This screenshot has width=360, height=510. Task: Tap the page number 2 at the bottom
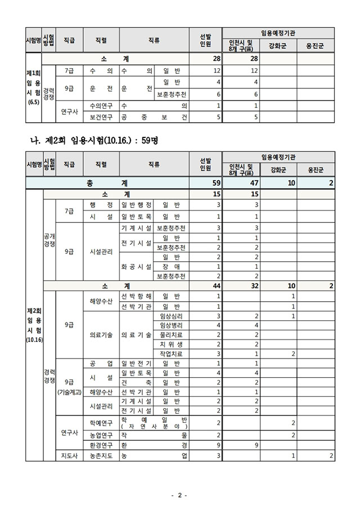[x=179, y=495]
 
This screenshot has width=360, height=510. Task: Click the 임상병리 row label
[x=171, y=325]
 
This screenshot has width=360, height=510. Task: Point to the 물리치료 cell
[x=171, y=334]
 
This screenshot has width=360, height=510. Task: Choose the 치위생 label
[x=171, y=344]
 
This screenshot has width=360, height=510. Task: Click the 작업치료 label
[x=171, y=354]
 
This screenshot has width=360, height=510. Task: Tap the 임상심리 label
[x=171, y=316]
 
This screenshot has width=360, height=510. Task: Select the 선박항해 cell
[x=136, y=296]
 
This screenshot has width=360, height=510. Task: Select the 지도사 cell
[x=69, y=455]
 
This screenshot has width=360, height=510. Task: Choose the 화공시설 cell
[x=136, y=266]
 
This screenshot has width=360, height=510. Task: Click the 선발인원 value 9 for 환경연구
[x=218, y=445]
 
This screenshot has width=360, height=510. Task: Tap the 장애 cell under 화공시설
[x=171, y=267]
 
